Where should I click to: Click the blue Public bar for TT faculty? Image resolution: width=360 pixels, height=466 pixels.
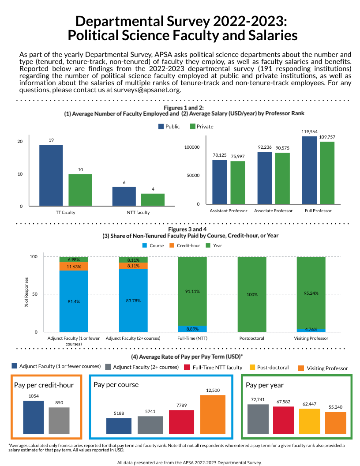pos(51,175)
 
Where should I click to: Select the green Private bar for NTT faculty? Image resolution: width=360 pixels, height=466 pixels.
pos(153,199)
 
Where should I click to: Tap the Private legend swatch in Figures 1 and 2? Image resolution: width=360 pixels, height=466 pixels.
pos(192,127)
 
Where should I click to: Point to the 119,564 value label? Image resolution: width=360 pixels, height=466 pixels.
pos(310,132)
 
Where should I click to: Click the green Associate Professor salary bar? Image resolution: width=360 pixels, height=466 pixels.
pos(282,178)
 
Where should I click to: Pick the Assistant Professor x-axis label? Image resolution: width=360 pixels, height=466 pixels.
pos(228,211)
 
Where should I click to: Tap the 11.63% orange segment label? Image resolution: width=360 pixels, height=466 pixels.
pos(74,267)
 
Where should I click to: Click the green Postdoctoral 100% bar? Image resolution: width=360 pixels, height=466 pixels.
pos(252,294)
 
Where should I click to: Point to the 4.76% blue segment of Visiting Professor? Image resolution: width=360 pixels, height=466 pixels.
pos(311,330)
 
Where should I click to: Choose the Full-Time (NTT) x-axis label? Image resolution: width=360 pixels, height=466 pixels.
pos(192,338)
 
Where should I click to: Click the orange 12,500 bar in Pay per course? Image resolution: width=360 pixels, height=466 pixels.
pos(213,414)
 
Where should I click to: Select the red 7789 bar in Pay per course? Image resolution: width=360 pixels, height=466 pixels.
pos(181,421)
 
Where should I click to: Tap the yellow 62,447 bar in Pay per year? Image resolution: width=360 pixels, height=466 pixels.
pos(310,421)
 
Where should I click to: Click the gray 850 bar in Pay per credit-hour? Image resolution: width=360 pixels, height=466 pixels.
pos(59,420)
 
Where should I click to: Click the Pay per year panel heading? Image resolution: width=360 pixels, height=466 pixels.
pos(265,385)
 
